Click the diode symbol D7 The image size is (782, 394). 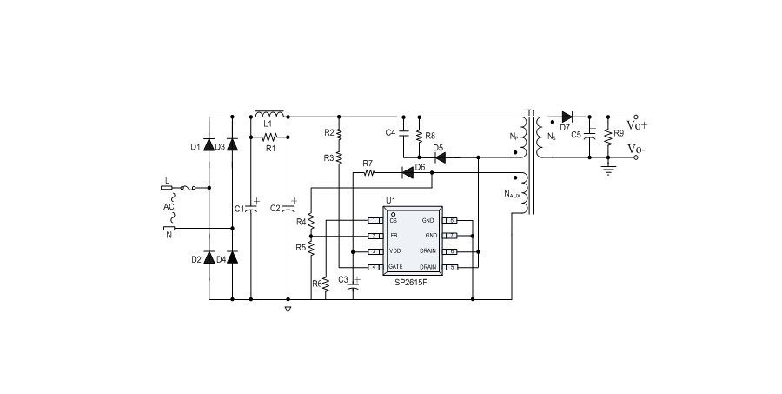pyautogui.click(x=567, y=116)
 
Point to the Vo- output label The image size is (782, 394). pyautogui.click(x=650, y=150)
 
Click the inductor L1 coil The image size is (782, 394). pyautogui.click(x=269, y=114)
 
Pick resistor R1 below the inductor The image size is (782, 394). pyautogui.click(x=270, y=137)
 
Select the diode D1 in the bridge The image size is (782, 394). pyautogui.click(x=209, y=146)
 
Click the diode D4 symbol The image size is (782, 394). pyautogui.click(x=232, y=258)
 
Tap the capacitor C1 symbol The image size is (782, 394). pyautogui.click(x=251, y=208)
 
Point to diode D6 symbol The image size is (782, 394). pyautogui.click(x=407, y=172)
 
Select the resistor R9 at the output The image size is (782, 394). pyautogui.click(x=607, y=134)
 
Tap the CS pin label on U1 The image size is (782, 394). pyautogui.click(x=394, y=220)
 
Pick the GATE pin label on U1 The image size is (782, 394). pyautogui.click(x=396, y=266)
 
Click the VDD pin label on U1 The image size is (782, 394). pyautogui.click(x=395, y=250)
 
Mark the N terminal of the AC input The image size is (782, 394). pyautogui.click(x=168, y=228)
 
